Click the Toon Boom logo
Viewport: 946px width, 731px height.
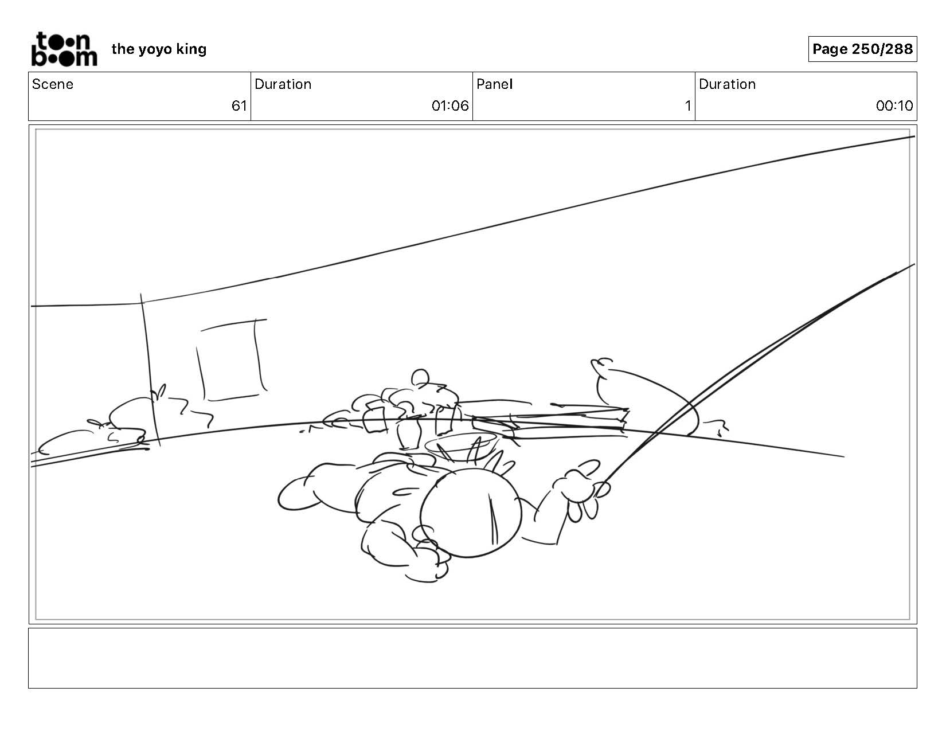coord(64,49)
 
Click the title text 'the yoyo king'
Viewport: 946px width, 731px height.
coord(159,49)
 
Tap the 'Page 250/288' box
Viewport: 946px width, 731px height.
coord(862,49)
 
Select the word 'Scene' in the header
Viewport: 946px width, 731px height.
coord(53,84)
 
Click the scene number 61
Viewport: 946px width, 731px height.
coord(239,106)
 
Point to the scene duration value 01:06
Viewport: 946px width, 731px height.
coord(450,106)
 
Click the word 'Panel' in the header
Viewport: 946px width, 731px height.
coord(495,84)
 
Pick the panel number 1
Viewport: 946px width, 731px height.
coord(688,106)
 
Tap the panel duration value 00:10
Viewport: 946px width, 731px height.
coord(894,106)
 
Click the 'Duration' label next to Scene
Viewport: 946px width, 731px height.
coord(283,84)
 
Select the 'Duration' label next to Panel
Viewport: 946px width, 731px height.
coord(728,84)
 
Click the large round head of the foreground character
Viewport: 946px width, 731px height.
coord(471,513)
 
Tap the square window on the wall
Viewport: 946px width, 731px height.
coord(231,359)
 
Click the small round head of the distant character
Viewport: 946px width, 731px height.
coord(420,377)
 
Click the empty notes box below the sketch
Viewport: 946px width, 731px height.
coord(473,658)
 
